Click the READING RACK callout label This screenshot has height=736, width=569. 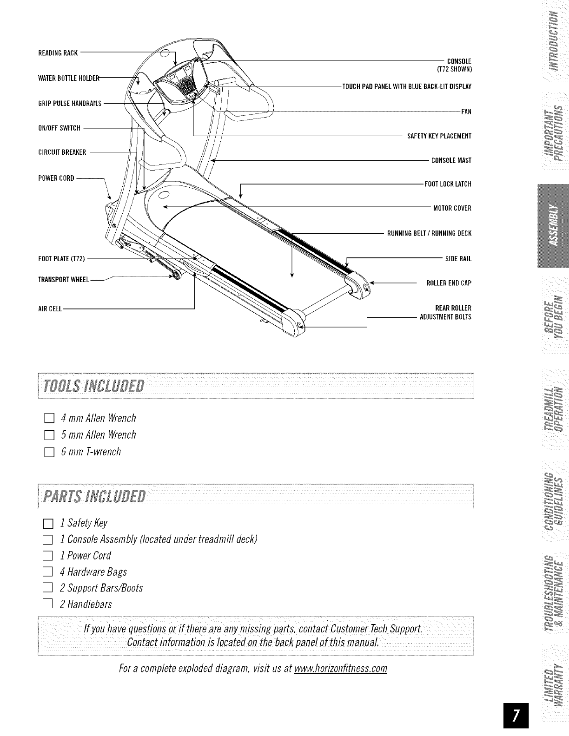58,52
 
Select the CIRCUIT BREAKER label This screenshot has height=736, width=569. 62,152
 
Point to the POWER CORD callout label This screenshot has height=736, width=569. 56,178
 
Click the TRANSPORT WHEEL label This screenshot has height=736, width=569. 63,280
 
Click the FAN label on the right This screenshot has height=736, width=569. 466,112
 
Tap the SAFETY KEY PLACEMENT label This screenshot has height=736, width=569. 439,136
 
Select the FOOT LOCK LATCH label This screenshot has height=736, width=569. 448,184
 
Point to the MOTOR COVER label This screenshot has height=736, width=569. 452,208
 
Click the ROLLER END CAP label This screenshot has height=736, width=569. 449,283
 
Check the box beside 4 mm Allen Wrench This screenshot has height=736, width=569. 49,419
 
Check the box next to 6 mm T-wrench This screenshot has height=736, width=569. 49,452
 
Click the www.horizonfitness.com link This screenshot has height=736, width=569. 341,669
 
